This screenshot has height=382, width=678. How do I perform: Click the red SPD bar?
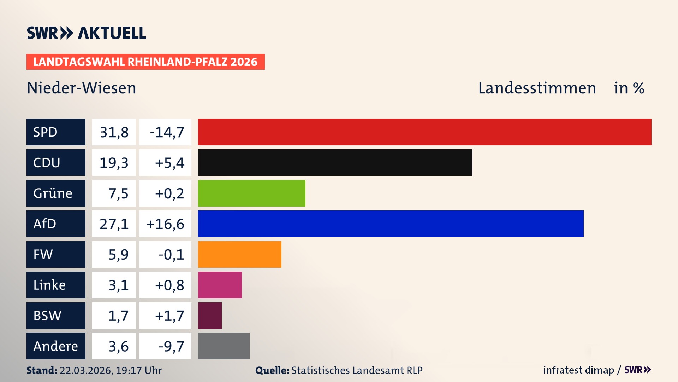coord(424,132)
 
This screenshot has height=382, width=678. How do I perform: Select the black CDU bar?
coord(335,162)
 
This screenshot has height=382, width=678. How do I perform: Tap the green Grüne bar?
coord(251,193)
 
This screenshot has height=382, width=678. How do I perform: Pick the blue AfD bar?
coord(391,224)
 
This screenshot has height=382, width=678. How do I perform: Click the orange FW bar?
coord(239,254)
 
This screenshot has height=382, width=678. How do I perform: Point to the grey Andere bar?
coord(224,346)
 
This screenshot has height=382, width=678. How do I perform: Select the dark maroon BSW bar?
coord(210,316)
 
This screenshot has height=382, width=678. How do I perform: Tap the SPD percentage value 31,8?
coord(114,132)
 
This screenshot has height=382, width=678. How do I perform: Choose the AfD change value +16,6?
coord(165,224)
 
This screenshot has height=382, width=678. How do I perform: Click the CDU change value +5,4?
coord(169,162)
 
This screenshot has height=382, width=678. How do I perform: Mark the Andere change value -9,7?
coord(171,346)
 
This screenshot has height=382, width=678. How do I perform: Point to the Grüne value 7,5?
coord(118,193)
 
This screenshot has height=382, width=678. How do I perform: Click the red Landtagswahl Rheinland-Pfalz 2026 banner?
coord(145,62)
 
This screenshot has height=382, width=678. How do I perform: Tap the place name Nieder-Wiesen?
coord(81,88)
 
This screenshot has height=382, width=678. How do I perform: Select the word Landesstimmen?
coord(537,88)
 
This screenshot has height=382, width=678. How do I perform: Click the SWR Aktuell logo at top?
coord(87,33)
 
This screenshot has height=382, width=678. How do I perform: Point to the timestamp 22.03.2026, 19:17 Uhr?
coord(111,370)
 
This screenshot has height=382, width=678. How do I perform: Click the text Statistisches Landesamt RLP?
coord(357,370)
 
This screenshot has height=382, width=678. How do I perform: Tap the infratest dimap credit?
coord(578,370)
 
